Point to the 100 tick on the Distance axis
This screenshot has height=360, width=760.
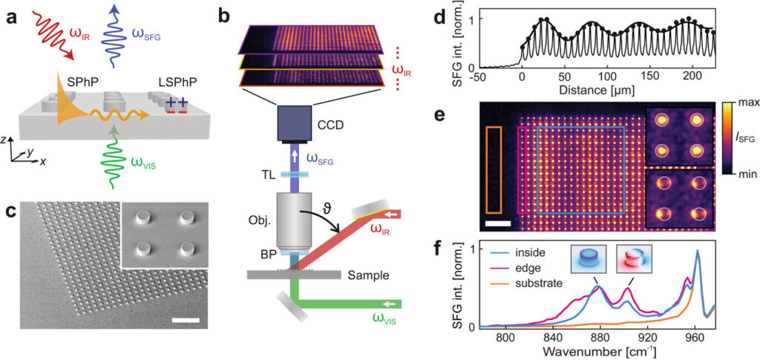[x=607, y=78]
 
